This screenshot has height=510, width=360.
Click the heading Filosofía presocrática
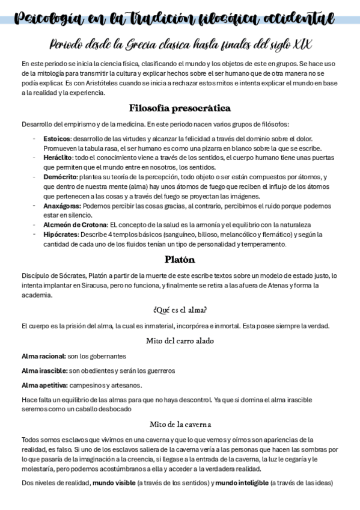pos(180,109)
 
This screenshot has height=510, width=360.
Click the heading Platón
pos(180,260)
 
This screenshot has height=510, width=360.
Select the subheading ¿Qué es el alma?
pos(180,310)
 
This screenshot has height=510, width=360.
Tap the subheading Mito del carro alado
pos(180,340)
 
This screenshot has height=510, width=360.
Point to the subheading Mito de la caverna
pos(180,424)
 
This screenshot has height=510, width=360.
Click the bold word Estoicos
pos(56,139)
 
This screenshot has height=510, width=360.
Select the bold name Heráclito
pos(58,157)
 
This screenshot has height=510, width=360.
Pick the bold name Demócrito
pos(60,177)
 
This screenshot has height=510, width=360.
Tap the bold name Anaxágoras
pos(63,205)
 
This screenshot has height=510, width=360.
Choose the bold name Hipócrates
pos(61,234)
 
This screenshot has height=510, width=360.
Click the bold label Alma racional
pos(43,355)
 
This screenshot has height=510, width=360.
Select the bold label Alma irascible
pos(44,370)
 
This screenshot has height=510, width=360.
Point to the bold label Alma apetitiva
pos(44,385)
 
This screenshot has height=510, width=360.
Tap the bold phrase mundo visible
pos(113,483)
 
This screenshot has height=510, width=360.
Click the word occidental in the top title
pos(293,20)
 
